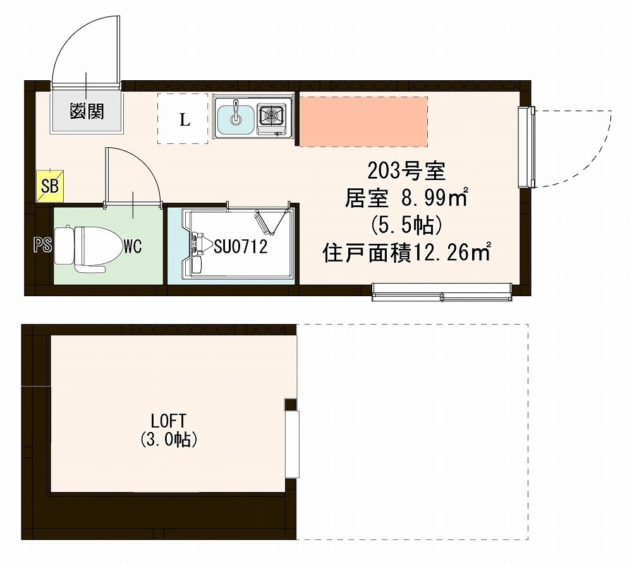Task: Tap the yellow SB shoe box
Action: pyautogui.click(x=49, y=186)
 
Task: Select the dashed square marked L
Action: pyautogui.click(x=183, y=119)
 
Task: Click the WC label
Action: pyautogui.click(x=133, y=246)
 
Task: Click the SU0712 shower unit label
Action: pyautogui.click(x=240, y=246)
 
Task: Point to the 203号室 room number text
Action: pyautogui.click(x=407, y=170)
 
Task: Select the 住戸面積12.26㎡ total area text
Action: pyautogui.click(x=407, y=253)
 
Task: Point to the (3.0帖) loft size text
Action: pyautogui.click(x=167, y=440)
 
